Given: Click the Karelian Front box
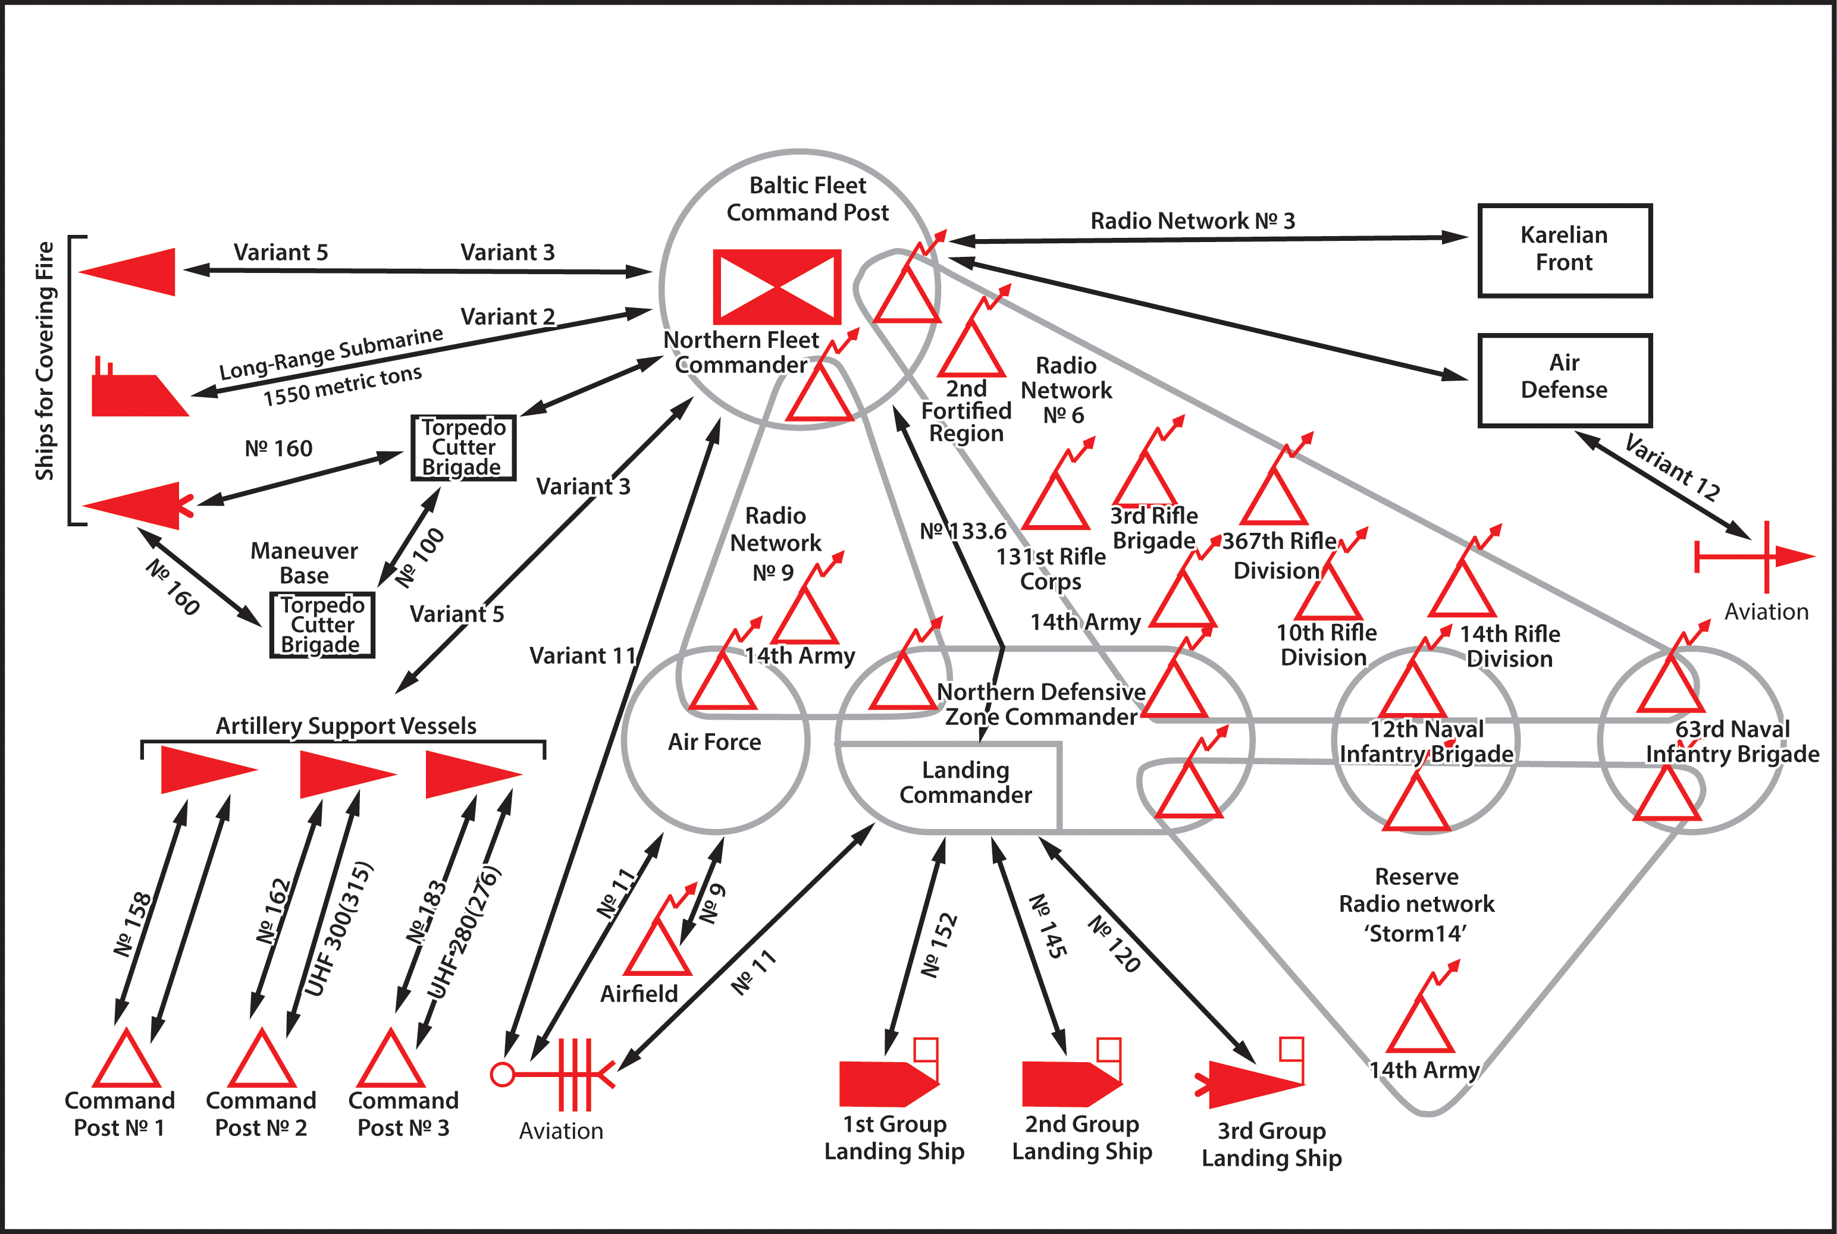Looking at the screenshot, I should point(1564,250).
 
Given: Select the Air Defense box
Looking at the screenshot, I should point(1564,380).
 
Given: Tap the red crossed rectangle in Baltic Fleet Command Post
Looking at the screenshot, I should point(777,287).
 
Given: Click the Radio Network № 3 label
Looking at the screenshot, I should point(1192,221).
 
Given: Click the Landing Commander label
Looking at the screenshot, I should point(965,782).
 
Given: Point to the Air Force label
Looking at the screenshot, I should point(714,742).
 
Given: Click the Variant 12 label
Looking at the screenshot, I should point(1672,468).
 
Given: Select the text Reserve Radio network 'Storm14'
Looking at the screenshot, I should point(1416,905).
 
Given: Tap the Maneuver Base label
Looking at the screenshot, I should point(304,563).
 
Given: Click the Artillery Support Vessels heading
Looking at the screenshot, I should point(346,726).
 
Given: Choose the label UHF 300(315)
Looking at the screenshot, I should point(338,930).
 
